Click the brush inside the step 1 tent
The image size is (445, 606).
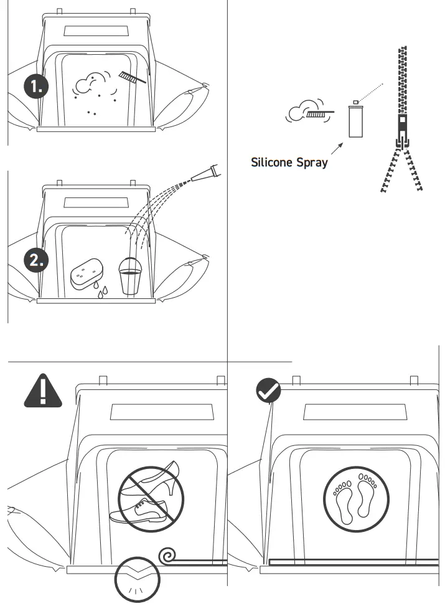click(x=131, y=77)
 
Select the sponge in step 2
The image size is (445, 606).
click(x=87, y=274)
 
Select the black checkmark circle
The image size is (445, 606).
click(x=268, y=391)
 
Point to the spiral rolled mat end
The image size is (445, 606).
click(x=169, y=554)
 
